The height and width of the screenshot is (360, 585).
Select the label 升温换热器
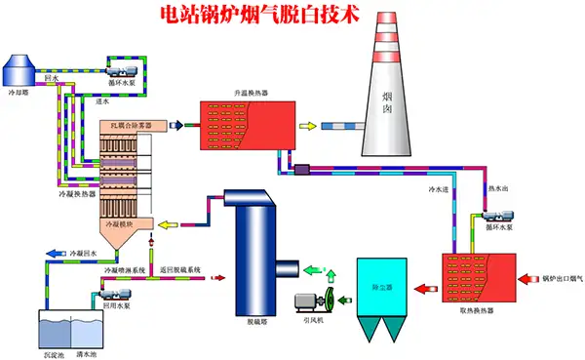point(252,95)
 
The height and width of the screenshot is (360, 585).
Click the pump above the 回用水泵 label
point(110,290)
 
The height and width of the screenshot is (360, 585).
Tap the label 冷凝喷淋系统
point(124,269)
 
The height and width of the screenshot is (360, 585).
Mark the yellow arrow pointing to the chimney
point(307,126)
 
